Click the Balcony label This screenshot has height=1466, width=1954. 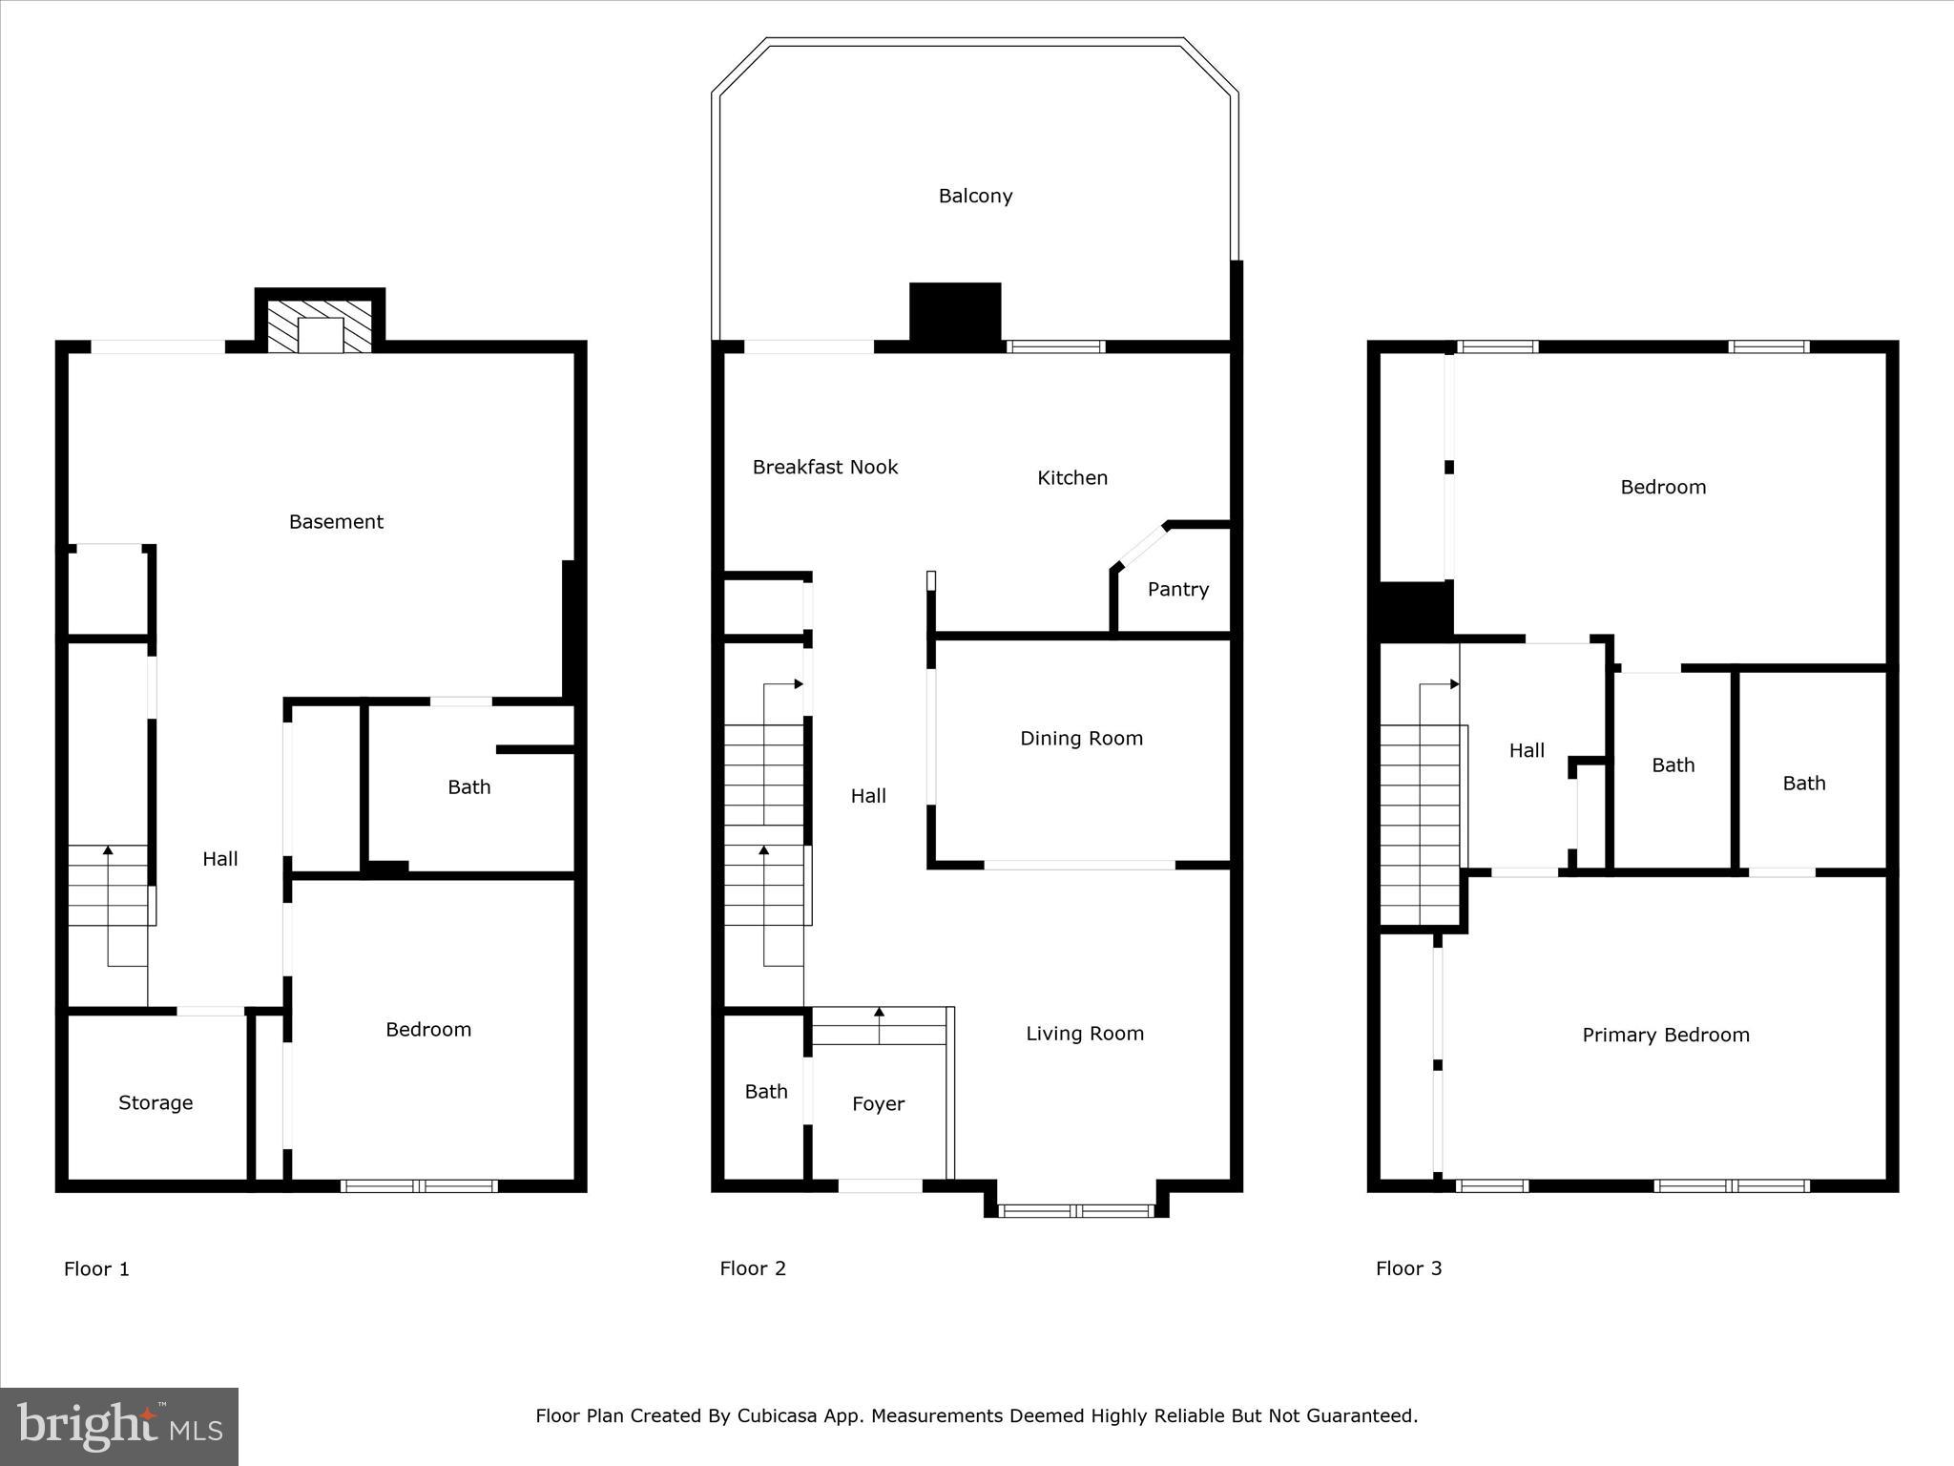click(975, 196)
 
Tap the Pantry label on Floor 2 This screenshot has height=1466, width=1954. click(1177, 589)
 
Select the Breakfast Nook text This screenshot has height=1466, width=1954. click(824, 467)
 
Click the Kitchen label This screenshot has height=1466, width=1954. click(1072, 477)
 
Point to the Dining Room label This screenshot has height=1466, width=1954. click(1081, 738)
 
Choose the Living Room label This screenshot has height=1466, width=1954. click(1085, 1033)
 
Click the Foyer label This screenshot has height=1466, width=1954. click(878, 1103)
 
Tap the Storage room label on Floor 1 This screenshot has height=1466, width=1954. click(156, 1102)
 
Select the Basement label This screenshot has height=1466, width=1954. click(336, 521)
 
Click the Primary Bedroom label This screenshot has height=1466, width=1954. click(1665, 1035)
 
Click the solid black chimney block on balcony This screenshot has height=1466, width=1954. click(955, 311)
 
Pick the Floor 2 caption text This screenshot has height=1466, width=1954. click(753, 1267)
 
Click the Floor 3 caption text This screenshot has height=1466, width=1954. click(1408, 1267)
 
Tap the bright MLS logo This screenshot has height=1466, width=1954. click(118, 1426)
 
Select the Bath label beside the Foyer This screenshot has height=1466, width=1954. click(766, 1091)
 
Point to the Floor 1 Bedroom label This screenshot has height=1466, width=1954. click(427, 1029)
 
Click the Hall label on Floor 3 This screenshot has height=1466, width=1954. click(1527, 750)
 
